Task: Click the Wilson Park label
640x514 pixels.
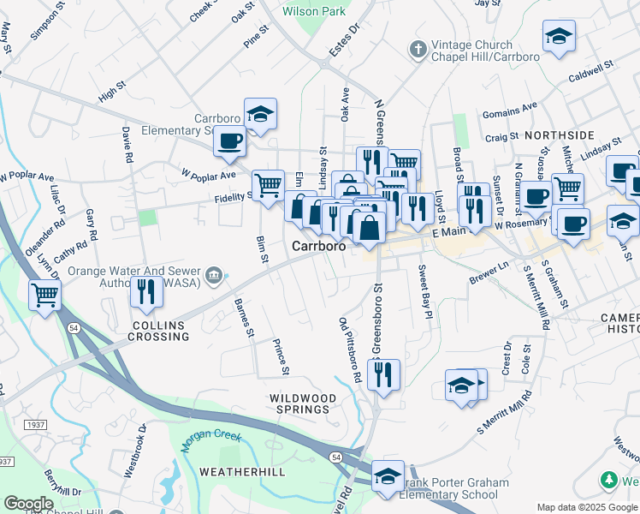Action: coord(314,11)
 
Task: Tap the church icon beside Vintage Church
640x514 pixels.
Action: coord(418,47)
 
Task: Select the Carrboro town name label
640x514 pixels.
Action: coord(319,245)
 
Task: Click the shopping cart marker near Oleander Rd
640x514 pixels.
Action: coord(44,296)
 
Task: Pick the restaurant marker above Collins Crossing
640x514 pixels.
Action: coord(147,291)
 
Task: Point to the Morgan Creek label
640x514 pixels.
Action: coord(211,435)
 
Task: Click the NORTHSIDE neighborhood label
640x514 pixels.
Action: coord(559,135)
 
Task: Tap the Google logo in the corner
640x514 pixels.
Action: coord(28,503)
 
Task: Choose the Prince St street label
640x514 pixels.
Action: coord(280,357)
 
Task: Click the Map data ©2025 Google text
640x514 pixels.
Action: coord(587,507)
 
